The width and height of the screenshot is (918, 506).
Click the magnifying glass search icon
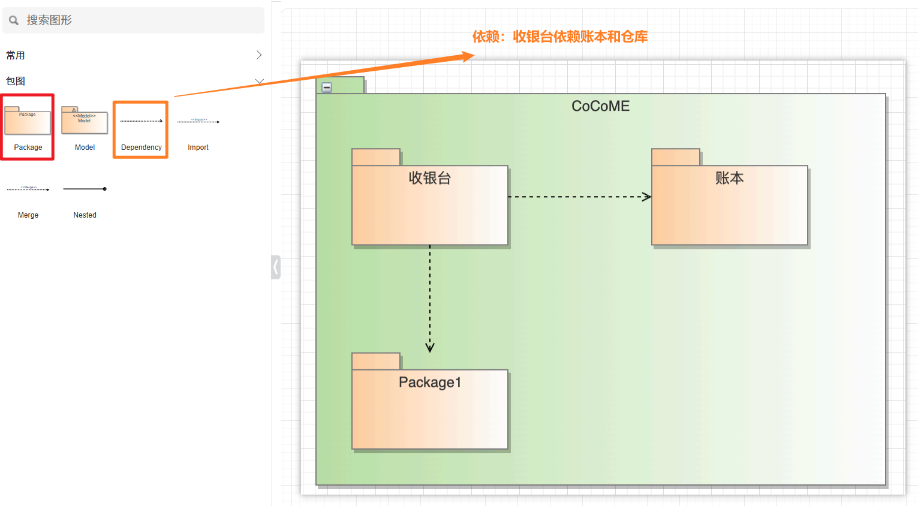pyautogui.click(x=14, y=20)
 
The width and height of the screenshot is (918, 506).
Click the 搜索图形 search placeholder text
pyautogui.click(x=49, y=20)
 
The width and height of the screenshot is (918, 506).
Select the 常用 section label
pyautogui.click(x=16, y=56)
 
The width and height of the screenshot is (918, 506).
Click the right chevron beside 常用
pyautogui.click(x=259, y=55)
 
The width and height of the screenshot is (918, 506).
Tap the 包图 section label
pyautogui.click(x=16, y=82)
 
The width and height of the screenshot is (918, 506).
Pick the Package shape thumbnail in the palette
pyautogui.click(x=28, y=121)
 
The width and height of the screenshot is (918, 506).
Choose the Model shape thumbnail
pyautogui.click(x=85, y=121)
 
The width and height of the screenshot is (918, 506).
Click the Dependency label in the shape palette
pyautogui.click(x=141, y=147)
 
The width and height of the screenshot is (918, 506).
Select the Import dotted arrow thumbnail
pyautogui.click(x=198, y=121)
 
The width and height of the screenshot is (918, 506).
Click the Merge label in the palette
pyautogui.click(x=28, y=215)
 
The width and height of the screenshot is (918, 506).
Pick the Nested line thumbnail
pyautogui.click(x=85, y=189)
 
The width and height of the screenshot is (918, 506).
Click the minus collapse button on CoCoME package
pyautogui.click(x=327, y=88)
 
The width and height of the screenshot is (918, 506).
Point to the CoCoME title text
pyautogui.click(x=600, y=106)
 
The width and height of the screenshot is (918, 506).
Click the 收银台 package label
pyautogui.click(x=429, y=178)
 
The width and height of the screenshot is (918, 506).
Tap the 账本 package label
pyautogui.click(x=729, y=178)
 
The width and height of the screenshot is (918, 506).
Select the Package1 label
pyautogui.click(x=430, y=382)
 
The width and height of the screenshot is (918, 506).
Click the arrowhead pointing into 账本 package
pyautogui.click(x=646, y=197)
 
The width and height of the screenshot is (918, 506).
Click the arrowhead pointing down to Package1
pyautogui.click(x=430, y=347)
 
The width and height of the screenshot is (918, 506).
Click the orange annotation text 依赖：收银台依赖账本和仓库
pyautogui.click(x=559, y=37)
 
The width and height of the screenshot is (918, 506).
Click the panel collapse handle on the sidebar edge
pyautogui.click(x=276, y=267)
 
